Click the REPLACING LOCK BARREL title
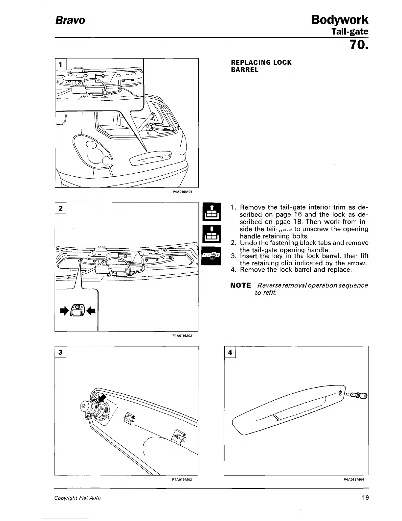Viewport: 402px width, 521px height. [261, 66]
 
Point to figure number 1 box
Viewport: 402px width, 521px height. [60, 64]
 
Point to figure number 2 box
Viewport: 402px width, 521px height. [60, 208]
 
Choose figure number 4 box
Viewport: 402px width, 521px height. [230, 352]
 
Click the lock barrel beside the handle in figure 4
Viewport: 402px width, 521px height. [359, 395]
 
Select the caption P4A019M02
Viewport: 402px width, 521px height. [182, 336]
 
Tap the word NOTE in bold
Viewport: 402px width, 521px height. [241, 285]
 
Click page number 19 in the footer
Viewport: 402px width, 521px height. [365, 498]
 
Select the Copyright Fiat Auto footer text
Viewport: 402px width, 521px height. [78, 498]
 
